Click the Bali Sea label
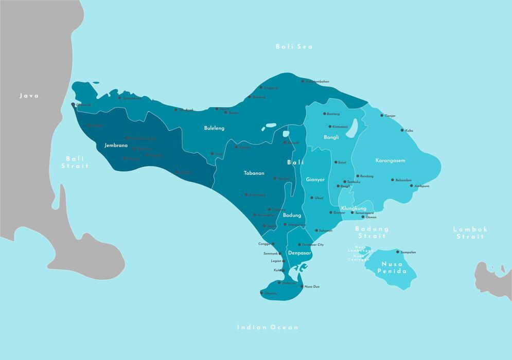point(294,47)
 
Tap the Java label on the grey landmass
point(29,96)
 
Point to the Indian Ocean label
point(268,327)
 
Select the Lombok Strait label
point(469,233)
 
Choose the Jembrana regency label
point(116,146)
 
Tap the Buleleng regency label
point(214,128)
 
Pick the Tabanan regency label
point(254,173)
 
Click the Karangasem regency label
point(390,160)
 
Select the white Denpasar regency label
point(299,253)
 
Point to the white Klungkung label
point(354,208)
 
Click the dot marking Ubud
point(312,197)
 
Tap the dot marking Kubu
point(402,130)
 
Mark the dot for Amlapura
point(412,186)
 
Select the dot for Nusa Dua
point(302,286)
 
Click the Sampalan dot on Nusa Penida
point(398,251)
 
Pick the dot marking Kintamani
point(330,126)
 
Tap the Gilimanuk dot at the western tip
point(73,104)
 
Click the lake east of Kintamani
point(352,129)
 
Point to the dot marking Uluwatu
point(262,293)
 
